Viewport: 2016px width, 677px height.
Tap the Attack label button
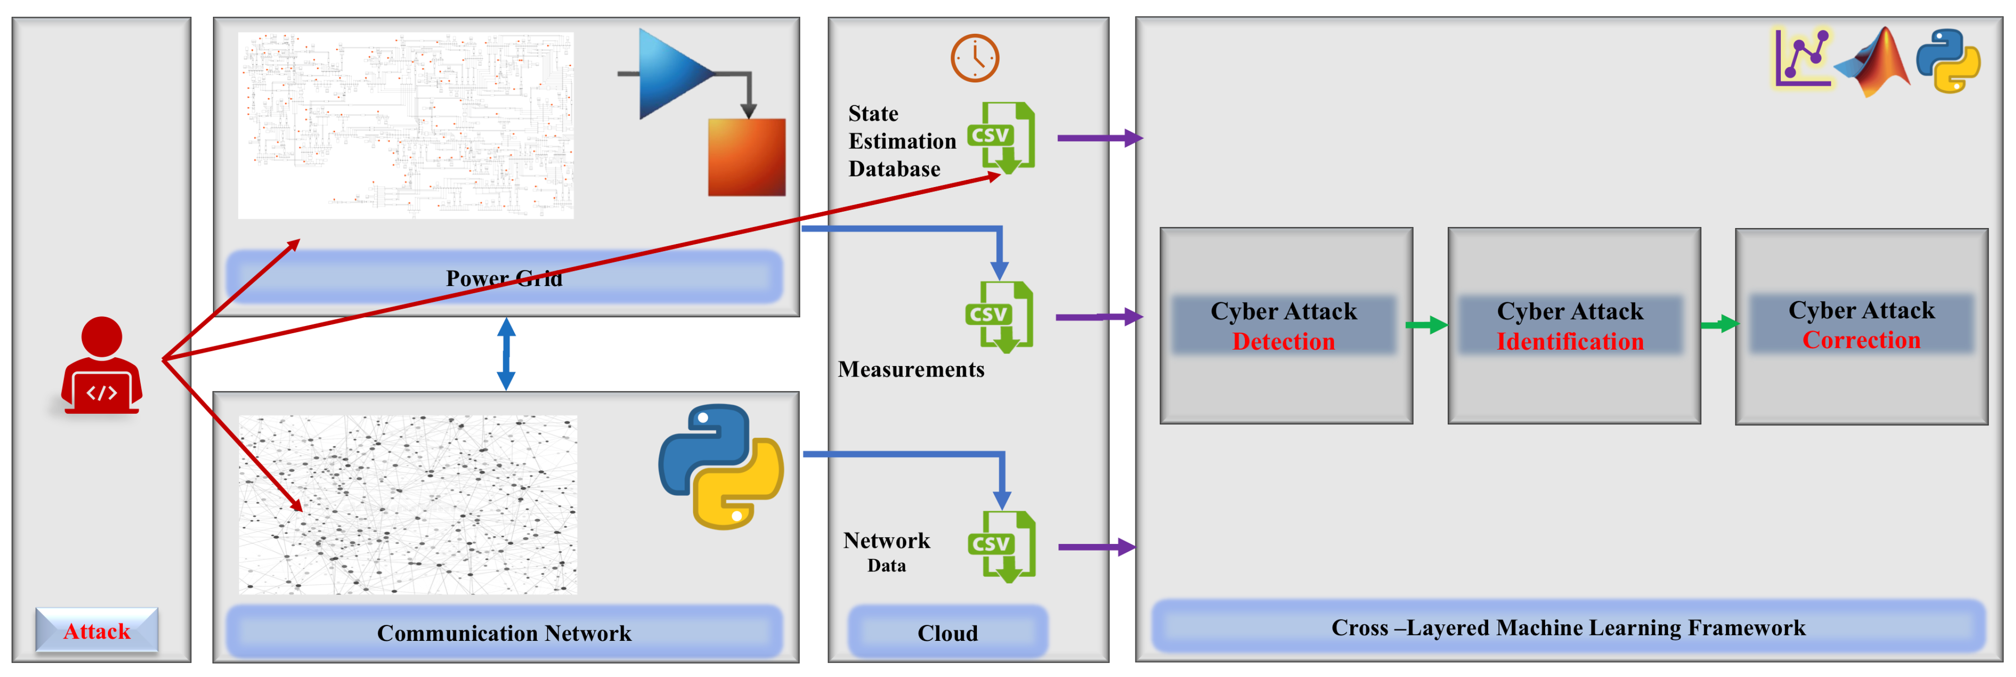(x=97, y=631)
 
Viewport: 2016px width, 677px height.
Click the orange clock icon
(x=975, y=58)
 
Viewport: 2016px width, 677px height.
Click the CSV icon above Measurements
(x=1000, y=317)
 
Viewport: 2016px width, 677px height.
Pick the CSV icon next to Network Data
(x=1002, y=546)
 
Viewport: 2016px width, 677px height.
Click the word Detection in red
(x=1283, y=341)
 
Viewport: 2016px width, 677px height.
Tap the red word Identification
(x=1570, y=341)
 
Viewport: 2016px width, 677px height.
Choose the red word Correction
(x=1861, y=339)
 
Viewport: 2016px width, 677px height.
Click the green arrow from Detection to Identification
(x=1427, y=325)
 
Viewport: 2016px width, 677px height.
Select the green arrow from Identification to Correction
(x=1720, y=324)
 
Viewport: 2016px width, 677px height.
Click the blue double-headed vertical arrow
(x=507, y=354)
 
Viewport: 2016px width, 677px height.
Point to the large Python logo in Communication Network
(x=721, y=466)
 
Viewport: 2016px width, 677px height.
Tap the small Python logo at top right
(x=1949, y=61)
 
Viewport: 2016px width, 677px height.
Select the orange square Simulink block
(x=747, y=157)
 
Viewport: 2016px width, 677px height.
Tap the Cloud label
(x=948, y=632)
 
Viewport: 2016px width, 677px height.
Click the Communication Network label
(x=504, y=632)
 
